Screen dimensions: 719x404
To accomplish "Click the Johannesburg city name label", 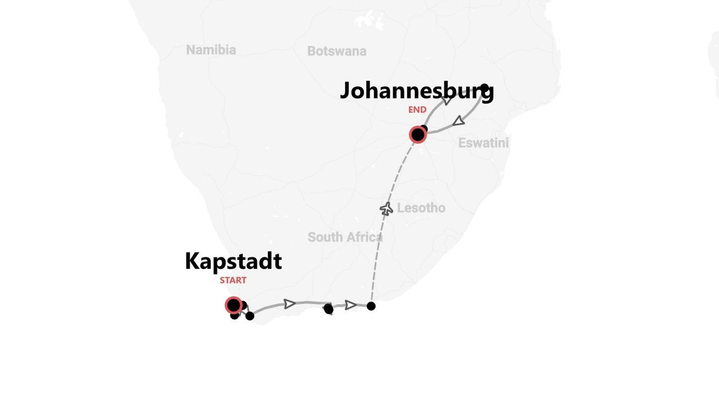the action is click(x=416, y=91).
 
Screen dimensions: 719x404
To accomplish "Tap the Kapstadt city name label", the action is click(x=233, y=261).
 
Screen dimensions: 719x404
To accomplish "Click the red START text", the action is click(x=233, y=280).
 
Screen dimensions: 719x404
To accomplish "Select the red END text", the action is click(x=417, y=110).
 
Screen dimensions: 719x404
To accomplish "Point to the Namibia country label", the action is click(x=211, y=50).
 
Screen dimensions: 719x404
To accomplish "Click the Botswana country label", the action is click(x=336, y=51).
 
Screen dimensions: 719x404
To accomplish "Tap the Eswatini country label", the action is click(x=483, y=143).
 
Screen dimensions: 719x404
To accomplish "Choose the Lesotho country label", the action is click(x=421, y=208).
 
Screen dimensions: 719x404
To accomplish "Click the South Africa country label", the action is click(x=345, y=237).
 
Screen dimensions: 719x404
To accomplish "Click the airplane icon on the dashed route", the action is click(x=386, y=209).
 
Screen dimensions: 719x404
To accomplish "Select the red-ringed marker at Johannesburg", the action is click(x=417, y=135).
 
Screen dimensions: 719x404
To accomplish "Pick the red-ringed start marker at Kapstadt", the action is click(x=233, y=305).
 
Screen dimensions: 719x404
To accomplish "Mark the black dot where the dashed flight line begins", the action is click(x=371, y=306).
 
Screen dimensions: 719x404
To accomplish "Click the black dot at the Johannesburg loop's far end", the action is click(x=484, y=88).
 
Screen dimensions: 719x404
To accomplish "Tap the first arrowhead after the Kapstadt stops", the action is click(x=289, y=304).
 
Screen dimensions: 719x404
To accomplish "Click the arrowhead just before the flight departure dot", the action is click(x=351, y=305).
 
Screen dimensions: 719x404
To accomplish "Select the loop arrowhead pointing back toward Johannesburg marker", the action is click(x=459, y=121).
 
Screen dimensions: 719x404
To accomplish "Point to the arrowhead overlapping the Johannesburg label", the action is click(x=447, y=100).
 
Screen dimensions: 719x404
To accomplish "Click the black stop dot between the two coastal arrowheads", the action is click(x=329, y=309).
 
